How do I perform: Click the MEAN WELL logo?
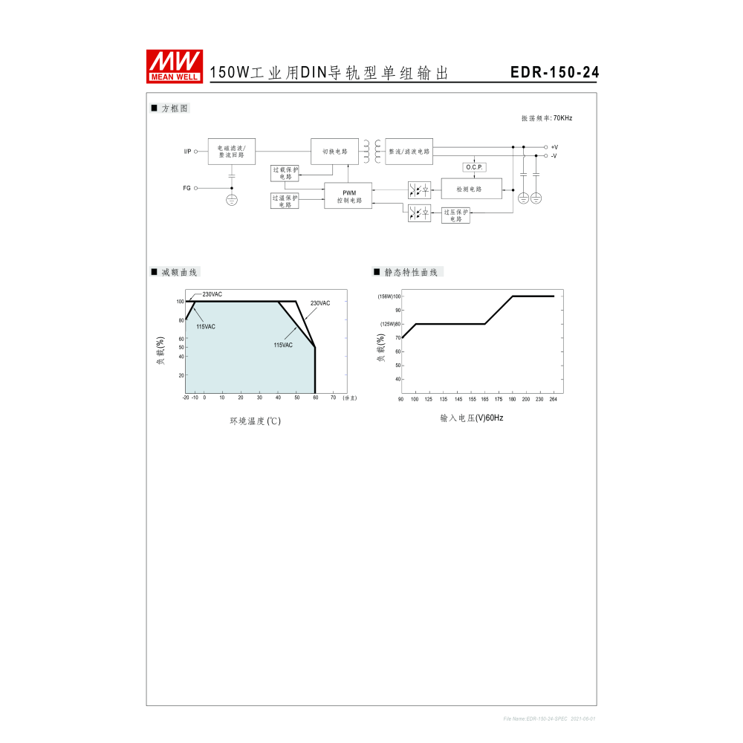175,65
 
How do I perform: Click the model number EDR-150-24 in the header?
554,73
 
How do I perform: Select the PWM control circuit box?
348,195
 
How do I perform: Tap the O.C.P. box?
474,166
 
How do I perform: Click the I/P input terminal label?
187,151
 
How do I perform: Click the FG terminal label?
187,188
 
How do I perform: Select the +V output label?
554,147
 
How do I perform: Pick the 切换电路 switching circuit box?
334,151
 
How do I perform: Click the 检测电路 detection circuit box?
471,189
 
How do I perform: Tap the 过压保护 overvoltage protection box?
455,215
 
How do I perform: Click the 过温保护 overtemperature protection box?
285,201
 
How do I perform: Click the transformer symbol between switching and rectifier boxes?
372,151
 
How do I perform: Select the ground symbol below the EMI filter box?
232,200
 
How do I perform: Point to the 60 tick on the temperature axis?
315,398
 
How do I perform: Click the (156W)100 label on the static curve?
389,296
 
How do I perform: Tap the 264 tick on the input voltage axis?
553,400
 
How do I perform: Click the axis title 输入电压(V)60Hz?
472,418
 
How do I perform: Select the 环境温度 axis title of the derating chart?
255,421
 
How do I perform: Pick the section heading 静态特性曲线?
411,272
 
